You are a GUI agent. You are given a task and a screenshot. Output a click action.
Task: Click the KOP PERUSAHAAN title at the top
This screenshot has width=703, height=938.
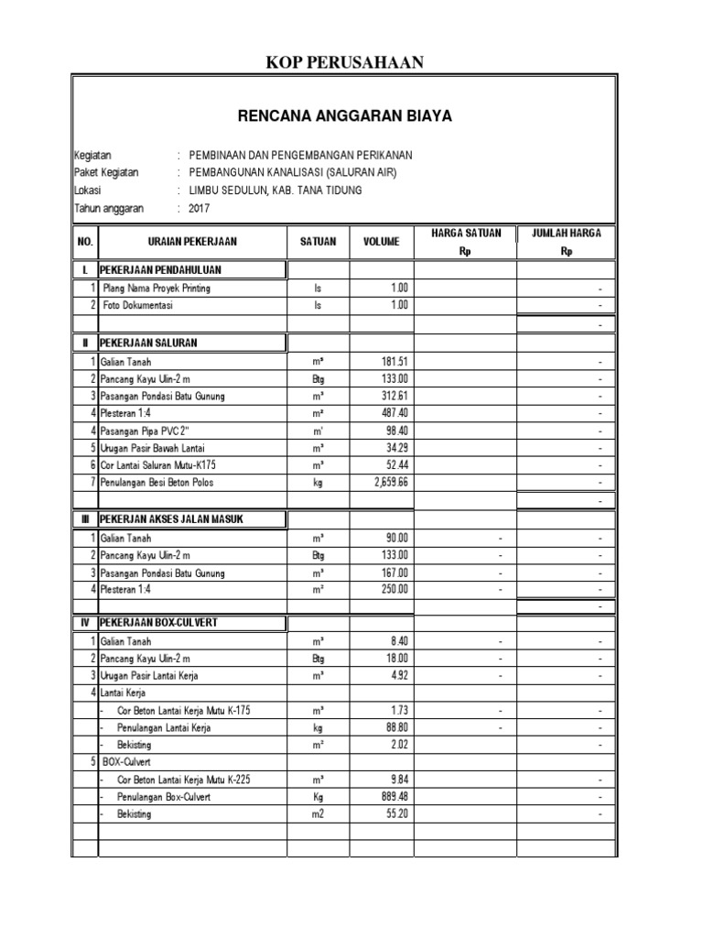[x=345, y=61]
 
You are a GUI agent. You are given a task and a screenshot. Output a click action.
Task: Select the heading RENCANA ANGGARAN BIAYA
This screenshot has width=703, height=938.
[x=345, y=116]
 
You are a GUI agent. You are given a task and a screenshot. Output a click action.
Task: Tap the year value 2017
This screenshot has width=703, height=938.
[x=200, y=208]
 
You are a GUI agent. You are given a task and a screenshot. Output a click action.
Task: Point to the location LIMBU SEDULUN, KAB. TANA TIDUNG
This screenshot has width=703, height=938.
[x=275, y=191]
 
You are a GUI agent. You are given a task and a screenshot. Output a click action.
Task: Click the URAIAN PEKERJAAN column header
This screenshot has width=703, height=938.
[x=192, y=242]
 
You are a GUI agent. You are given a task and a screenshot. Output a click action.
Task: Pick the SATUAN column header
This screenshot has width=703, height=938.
[x=318, y=242]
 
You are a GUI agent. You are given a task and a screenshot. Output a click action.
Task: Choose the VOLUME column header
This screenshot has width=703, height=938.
[x=381, y=242]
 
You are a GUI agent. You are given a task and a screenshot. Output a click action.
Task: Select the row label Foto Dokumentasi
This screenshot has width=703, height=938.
[x=138, y=305]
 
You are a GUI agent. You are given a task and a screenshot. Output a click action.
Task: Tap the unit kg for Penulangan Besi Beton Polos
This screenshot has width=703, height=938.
[x=318, y=482]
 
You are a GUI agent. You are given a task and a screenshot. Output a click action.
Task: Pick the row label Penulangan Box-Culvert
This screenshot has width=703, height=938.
[x=164, y=797]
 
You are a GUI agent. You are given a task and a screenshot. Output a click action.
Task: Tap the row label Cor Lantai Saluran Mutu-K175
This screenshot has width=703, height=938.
[x=165, y=465]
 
